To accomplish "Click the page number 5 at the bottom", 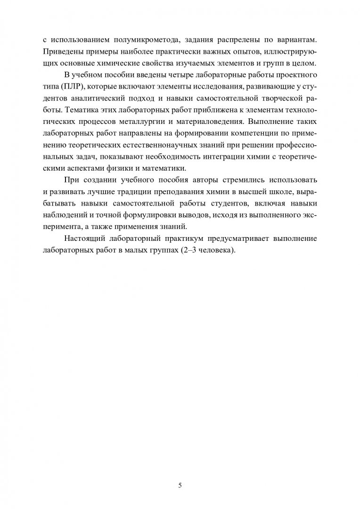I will point(180,474).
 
